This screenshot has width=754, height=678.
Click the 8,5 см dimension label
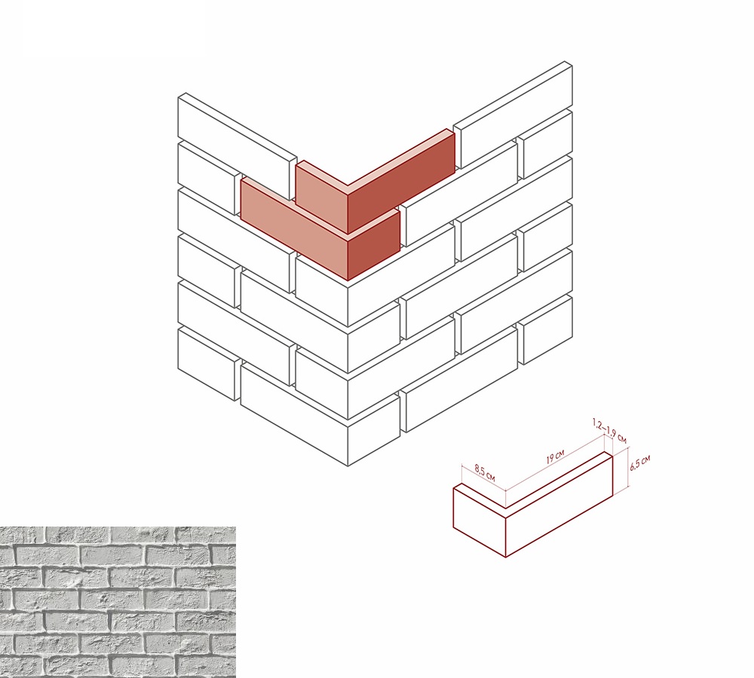click(x=485, y=472)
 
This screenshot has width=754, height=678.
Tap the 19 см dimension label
click(x=555, y=456)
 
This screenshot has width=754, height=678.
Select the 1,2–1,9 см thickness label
click(x=609, y=431)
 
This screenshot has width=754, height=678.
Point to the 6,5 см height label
click(x=639, y=462)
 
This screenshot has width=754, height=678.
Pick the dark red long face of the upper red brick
click(x=401, y=182)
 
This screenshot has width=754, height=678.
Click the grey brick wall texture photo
click(x=118, y=602)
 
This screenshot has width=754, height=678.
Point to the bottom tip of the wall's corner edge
click(x=348, y=466)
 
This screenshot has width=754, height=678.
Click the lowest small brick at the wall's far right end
click(x=545, y=331)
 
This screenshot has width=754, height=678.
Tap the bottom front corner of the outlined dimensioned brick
click(x=506, y=557)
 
